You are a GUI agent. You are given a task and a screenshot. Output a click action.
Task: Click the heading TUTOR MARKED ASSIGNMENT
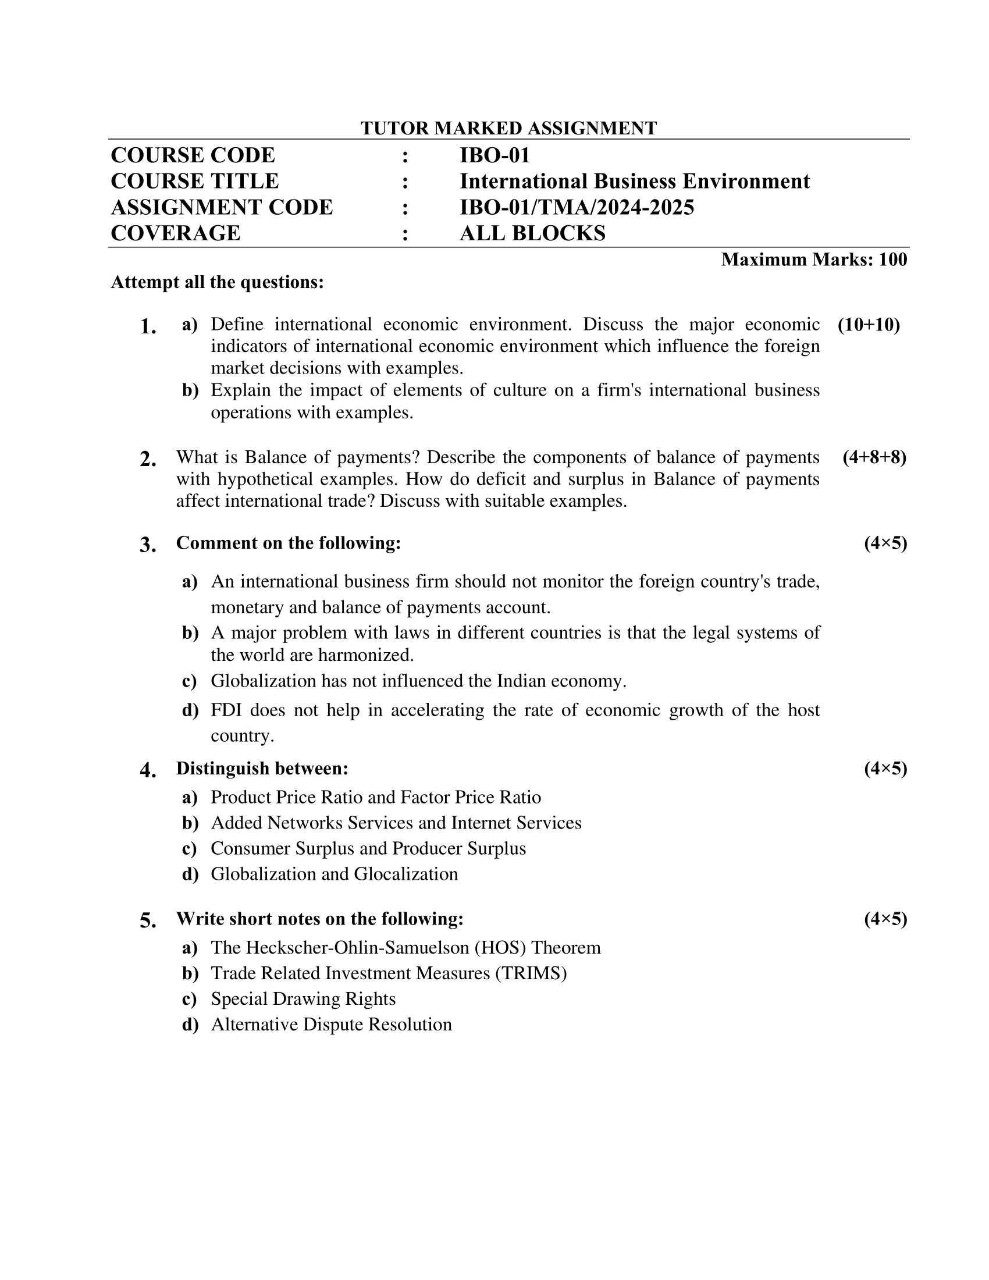coord(508,128)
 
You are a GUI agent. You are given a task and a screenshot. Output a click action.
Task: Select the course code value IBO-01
coord(494,155)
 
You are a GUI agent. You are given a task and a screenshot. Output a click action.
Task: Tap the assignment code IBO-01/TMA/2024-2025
coord(577,208)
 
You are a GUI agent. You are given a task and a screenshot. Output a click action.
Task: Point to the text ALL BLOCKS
coord(532,233)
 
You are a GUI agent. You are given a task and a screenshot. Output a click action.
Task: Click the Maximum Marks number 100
coord(893,259)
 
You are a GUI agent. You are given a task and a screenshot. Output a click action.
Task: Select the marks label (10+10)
coord(869,325)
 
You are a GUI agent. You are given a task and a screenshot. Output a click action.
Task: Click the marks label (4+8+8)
coord(874,457)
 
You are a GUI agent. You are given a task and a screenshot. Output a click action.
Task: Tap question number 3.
coord(148,545)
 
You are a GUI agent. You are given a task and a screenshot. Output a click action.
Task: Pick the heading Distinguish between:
coord(262,768)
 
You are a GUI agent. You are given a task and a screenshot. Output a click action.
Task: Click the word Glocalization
coord(406,874)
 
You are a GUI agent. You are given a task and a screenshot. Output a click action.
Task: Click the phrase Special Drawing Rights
coord(303,998)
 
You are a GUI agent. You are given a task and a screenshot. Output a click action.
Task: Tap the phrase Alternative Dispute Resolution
coord(331,1025)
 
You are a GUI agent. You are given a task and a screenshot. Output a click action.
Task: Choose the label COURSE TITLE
coord(194,181)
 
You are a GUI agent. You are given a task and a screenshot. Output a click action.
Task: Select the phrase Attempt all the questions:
coord(218,283)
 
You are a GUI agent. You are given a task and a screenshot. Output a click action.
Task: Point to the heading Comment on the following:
coord(288,543)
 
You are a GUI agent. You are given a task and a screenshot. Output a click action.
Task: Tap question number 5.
coord(148,921)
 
